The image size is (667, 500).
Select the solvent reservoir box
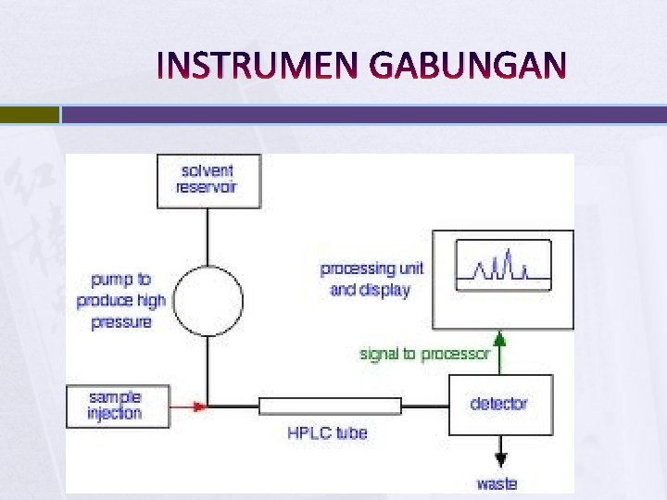(x=208, y=180)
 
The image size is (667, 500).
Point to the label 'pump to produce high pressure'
(x=121, y=301)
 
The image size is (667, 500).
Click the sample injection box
(x=118, y=406)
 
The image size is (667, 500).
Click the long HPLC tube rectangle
(x=330, y=406)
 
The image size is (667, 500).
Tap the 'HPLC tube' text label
(x=327, y=432)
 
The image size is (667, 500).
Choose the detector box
(x=500, y=405)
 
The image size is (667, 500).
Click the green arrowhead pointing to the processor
(x=500, y=339)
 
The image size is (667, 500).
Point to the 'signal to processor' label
(x=422, y=354)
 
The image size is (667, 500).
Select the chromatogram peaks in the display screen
(x=500, y=268)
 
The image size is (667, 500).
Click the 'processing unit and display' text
(x=371, y=279)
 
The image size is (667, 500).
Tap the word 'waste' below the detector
(x=497, y=483)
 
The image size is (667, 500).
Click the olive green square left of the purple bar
(x=29, y=115)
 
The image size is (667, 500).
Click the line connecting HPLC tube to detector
(x=424, y=406)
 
